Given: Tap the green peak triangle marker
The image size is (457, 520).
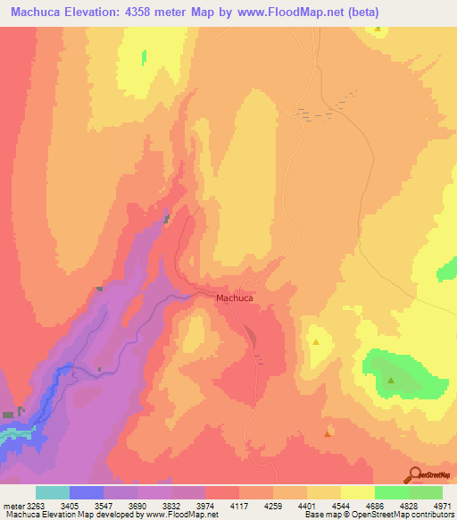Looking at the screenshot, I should (392, 382).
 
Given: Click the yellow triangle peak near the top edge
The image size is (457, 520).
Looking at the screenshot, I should (378, 29).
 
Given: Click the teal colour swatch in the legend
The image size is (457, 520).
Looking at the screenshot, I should (53, 492).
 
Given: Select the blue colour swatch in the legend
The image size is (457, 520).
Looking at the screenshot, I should (87, 492).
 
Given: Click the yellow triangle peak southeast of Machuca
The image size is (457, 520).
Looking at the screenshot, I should (316, 342).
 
